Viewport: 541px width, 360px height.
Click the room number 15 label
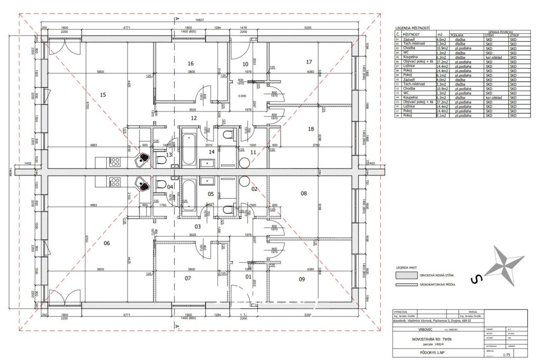103,95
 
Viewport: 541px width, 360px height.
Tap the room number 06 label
106,243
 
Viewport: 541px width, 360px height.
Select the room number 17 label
310,62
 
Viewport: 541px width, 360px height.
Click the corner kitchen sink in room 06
143,184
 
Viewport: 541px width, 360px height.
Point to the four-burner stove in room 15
115,160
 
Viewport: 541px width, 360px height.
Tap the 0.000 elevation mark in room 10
242,96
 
